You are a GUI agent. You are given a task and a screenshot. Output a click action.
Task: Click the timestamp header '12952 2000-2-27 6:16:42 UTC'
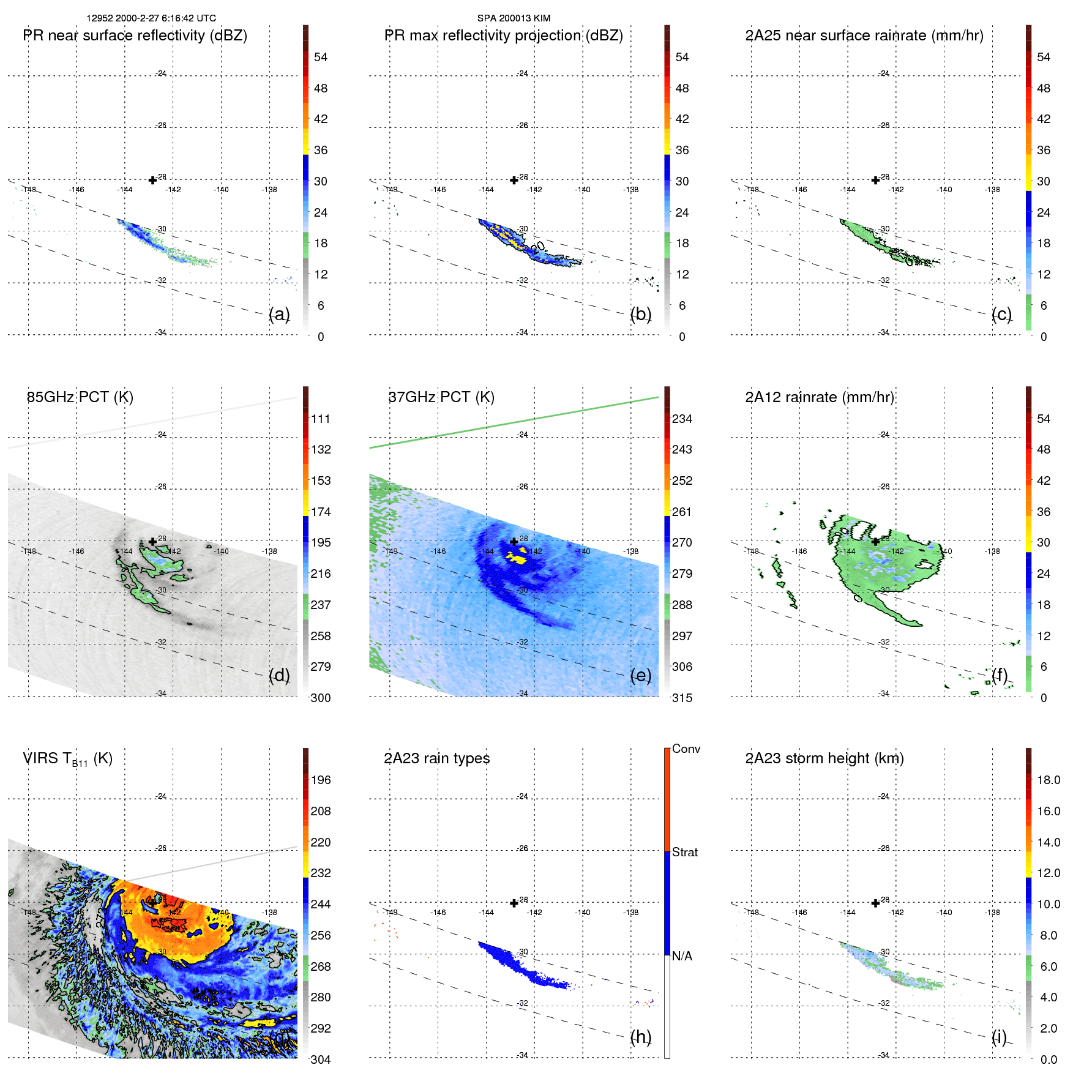click(151, 18)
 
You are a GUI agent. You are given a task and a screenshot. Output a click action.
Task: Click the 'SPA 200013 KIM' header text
click(514, 18)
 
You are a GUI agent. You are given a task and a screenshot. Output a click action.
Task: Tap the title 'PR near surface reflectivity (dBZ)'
click(135, 36)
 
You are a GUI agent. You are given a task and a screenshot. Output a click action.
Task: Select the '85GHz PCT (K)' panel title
click(80, 397)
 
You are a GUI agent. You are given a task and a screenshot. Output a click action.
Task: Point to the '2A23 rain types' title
click(436, 758)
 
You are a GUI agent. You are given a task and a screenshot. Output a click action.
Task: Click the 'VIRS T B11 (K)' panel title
click(67, 759)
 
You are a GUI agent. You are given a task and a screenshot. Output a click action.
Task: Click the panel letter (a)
click(279, 315)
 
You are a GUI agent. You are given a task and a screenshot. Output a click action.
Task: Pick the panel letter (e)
click(640, 676)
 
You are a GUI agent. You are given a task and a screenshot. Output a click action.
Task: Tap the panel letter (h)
click(640, 1037)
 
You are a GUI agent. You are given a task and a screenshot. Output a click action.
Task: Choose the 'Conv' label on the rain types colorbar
click(686, 749)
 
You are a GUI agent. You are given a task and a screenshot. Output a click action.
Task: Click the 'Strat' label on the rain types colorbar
click(684, 853)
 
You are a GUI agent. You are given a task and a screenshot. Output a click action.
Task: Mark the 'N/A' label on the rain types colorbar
click(682, 956)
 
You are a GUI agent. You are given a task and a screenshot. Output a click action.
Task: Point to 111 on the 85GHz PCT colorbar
click(321, 419)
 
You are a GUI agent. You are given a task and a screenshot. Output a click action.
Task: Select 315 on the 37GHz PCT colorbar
click(682, 698)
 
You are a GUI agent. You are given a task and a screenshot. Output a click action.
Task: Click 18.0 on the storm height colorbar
click(1048, 780)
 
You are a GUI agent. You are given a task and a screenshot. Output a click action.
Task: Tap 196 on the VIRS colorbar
click(321, 780)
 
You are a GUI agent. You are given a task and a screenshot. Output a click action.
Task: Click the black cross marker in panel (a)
click(152, 180)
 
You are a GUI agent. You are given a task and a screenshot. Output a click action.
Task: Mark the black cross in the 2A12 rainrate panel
click(875, 542)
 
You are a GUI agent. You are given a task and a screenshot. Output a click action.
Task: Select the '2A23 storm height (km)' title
click(824, 758)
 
